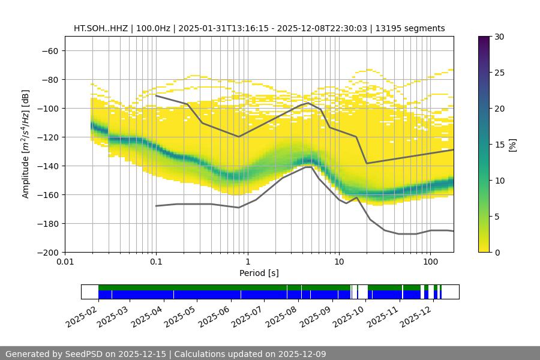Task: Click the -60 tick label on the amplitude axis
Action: [x=49, y=50]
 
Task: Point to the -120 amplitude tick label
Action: [x=47, y=137]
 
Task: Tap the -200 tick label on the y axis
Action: [x=47, y=252]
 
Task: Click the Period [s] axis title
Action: [x=259, y=274]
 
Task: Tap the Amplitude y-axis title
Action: [x=26, y=144]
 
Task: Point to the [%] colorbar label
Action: [x=512, y=145]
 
